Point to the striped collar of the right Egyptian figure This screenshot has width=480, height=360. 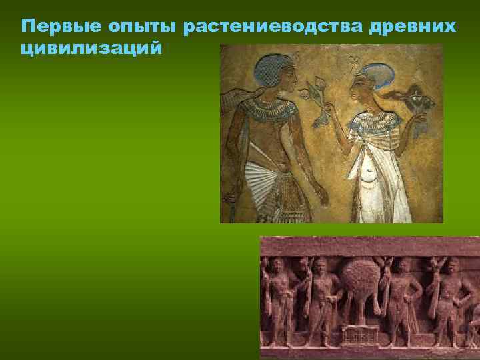pos(377,121)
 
